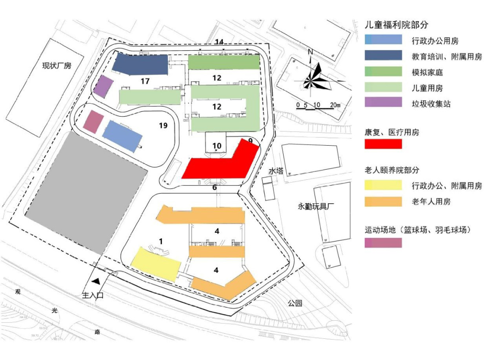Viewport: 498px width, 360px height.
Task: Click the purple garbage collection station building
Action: (x=103, y=86)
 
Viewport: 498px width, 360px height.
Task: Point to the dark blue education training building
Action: (x=141, y=65)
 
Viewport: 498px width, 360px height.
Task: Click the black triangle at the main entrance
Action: (x=96, y=280)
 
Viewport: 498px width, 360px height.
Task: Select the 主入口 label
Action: (x=93, y=295)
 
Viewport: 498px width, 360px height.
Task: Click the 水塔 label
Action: (x=276, y=171)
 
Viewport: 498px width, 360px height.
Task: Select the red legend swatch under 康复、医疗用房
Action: (x=383, y=144)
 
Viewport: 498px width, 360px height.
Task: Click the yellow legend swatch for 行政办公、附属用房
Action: (x=383, y=186)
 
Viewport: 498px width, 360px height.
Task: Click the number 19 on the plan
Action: (x=163, y=125)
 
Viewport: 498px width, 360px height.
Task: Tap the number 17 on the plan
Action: (x=145, y=82)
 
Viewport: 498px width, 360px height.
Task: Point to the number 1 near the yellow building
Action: (x=161, y=241)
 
